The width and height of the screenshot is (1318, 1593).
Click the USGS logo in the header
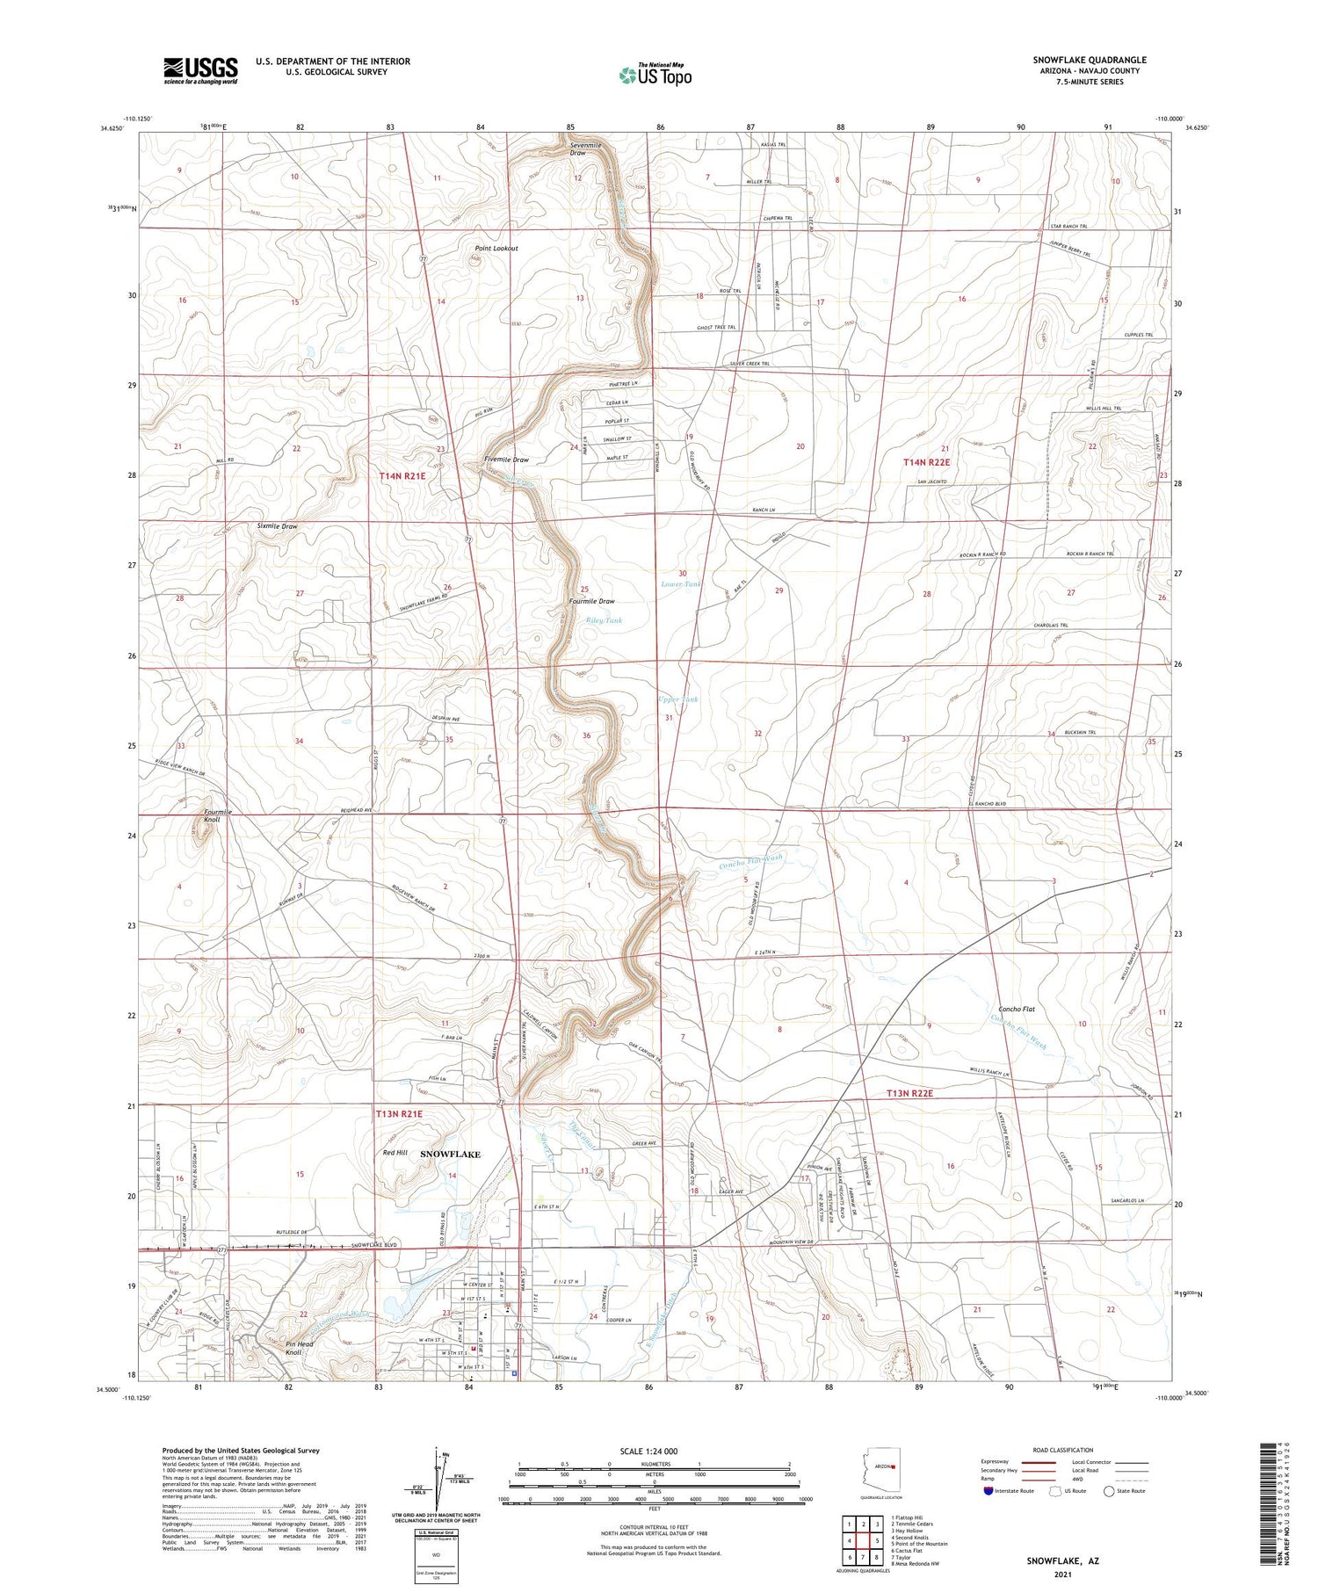coord(200,70)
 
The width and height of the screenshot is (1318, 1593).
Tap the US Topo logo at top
coord(655,75)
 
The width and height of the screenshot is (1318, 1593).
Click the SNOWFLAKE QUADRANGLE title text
coord(1089,60)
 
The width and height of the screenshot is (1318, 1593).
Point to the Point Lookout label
coord(496,249)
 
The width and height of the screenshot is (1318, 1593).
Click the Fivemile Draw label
coord(506,460)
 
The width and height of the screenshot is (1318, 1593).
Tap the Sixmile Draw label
coord(278,526)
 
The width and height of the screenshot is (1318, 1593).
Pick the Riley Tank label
coord(604,620)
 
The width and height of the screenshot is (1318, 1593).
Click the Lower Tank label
coord(681,583)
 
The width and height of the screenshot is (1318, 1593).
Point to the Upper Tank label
coord(677,699)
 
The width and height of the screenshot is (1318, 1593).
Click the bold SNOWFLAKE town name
coord(450,1154)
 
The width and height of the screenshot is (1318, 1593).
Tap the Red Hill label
coord(395,1152)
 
